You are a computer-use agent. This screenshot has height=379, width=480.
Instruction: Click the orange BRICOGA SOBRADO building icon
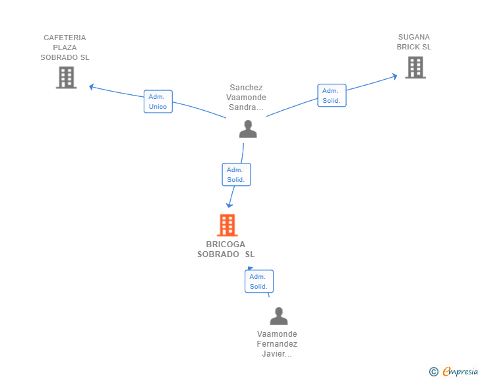coord(227,225)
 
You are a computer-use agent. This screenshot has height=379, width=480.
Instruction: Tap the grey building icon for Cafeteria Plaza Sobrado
coord(66,78)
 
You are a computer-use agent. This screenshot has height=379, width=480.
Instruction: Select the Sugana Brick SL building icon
coord(415,67)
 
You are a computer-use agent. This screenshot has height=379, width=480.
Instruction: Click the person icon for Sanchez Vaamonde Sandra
coord(248,129)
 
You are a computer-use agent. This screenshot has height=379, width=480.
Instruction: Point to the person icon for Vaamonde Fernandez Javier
coord(278,316)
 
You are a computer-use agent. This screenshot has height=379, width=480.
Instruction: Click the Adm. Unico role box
coord(158,102)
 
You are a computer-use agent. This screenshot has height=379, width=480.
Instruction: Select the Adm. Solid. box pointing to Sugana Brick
coord(332,95)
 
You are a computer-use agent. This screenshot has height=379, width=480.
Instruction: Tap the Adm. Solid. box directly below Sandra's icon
coord(236,175)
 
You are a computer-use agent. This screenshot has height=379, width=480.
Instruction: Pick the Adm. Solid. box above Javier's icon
coord(259,281)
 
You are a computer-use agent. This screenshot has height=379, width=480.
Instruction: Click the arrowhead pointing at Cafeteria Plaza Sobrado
coord(91,87)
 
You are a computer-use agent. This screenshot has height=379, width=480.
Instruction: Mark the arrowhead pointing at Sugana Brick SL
coord(394,76)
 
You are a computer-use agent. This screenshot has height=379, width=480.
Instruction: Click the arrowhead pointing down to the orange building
coord(229,205)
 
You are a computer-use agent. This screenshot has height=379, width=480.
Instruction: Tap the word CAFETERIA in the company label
coord(65,38)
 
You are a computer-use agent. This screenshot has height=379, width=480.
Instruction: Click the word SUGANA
coord(414,37)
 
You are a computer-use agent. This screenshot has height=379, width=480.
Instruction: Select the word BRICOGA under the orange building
coord(225,245)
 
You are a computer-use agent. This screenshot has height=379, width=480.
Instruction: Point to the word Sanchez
coord(246,88)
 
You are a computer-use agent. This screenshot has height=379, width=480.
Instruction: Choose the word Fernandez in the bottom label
coord(277,344)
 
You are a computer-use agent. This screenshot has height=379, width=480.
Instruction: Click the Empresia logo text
coord(460,371)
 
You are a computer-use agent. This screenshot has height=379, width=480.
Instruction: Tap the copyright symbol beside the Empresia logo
coord(434,372)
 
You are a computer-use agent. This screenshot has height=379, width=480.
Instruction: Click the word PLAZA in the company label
coord(65,47)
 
